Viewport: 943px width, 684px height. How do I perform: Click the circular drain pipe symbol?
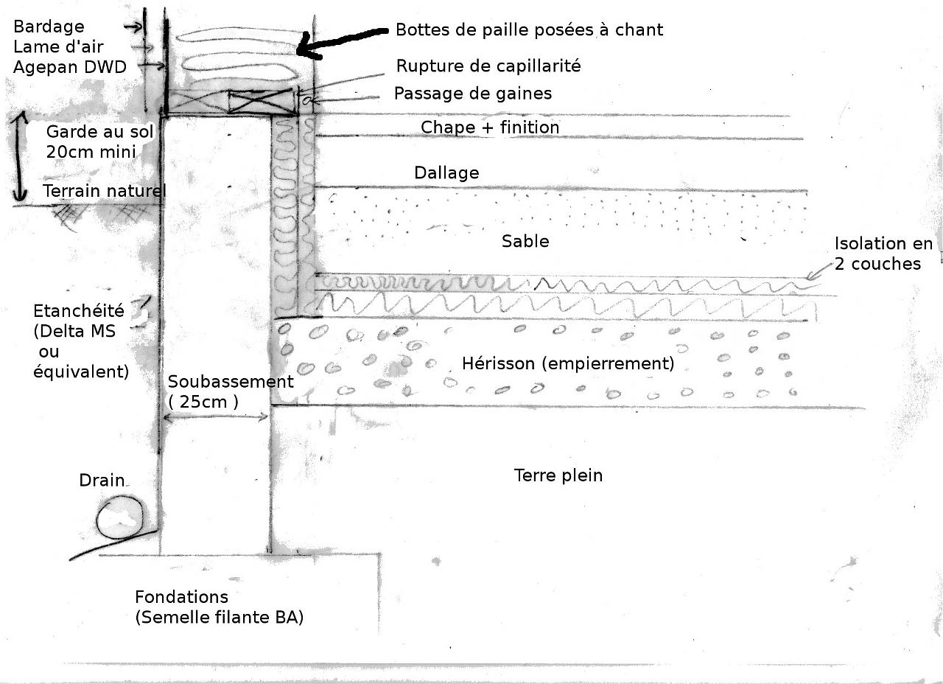pyautogui.click(x=119, y=516)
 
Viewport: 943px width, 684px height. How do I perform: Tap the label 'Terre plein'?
pyautogui.click(x=558, y=475)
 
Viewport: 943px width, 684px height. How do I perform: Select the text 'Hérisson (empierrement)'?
pyautogui.click(x=567, y=363)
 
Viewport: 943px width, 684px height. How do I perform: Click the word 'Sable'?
pyautogui.click(x=525, y=241)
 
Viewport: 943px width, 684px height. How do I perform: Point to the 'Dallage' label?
pyautogui.click(x=446, y=172)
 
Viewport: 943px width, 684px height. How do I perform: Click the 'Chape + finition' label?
pyautogui.click(x=490, y=128)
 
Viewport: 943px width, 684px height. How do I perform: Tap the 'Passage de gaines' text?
pyautogui.click(x=472, y=94)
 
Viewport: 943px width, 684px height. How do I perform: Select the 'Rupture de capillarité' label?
pyautogui.click(x=488, y=66)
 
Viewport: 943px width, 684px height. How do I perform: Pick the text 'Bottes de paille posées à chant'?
pyautogui.click(x=529, y=29)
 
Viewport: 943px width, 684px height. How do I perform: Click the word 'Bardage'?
pyautogui.click(x=49, y=27)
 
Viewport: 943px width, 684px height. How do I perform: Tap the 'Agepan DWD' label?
pyautogui.click(x=70, y=66)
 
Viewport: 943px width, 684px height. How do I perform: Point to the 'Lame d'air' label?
pyautogui.click(x=58, y=46)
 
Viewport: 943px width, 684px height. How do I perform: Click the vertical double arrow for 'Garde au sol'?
pyautogui.click(x=20, y=156)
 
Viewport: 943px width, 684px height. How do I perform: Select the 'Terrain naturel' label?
pyautogui.click(x=104, y=192)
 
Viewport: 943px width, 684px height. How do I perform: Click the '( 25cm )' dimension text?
pyautogui.click(x=203, y=402)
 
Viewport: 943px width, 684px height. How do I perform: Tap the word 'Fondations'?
pyautogui.click(x=181, y=597)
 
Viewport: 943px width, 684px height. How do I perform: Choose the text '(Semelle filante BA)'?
pyautogui.click(x=219, y=618)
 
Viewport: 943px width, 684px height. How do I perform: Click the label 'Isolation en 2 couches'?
pyautogui.click(x=883, y=254)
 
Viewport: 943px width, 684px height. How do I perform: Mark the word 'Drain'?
pyautogui.click(x=102, y=481)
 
